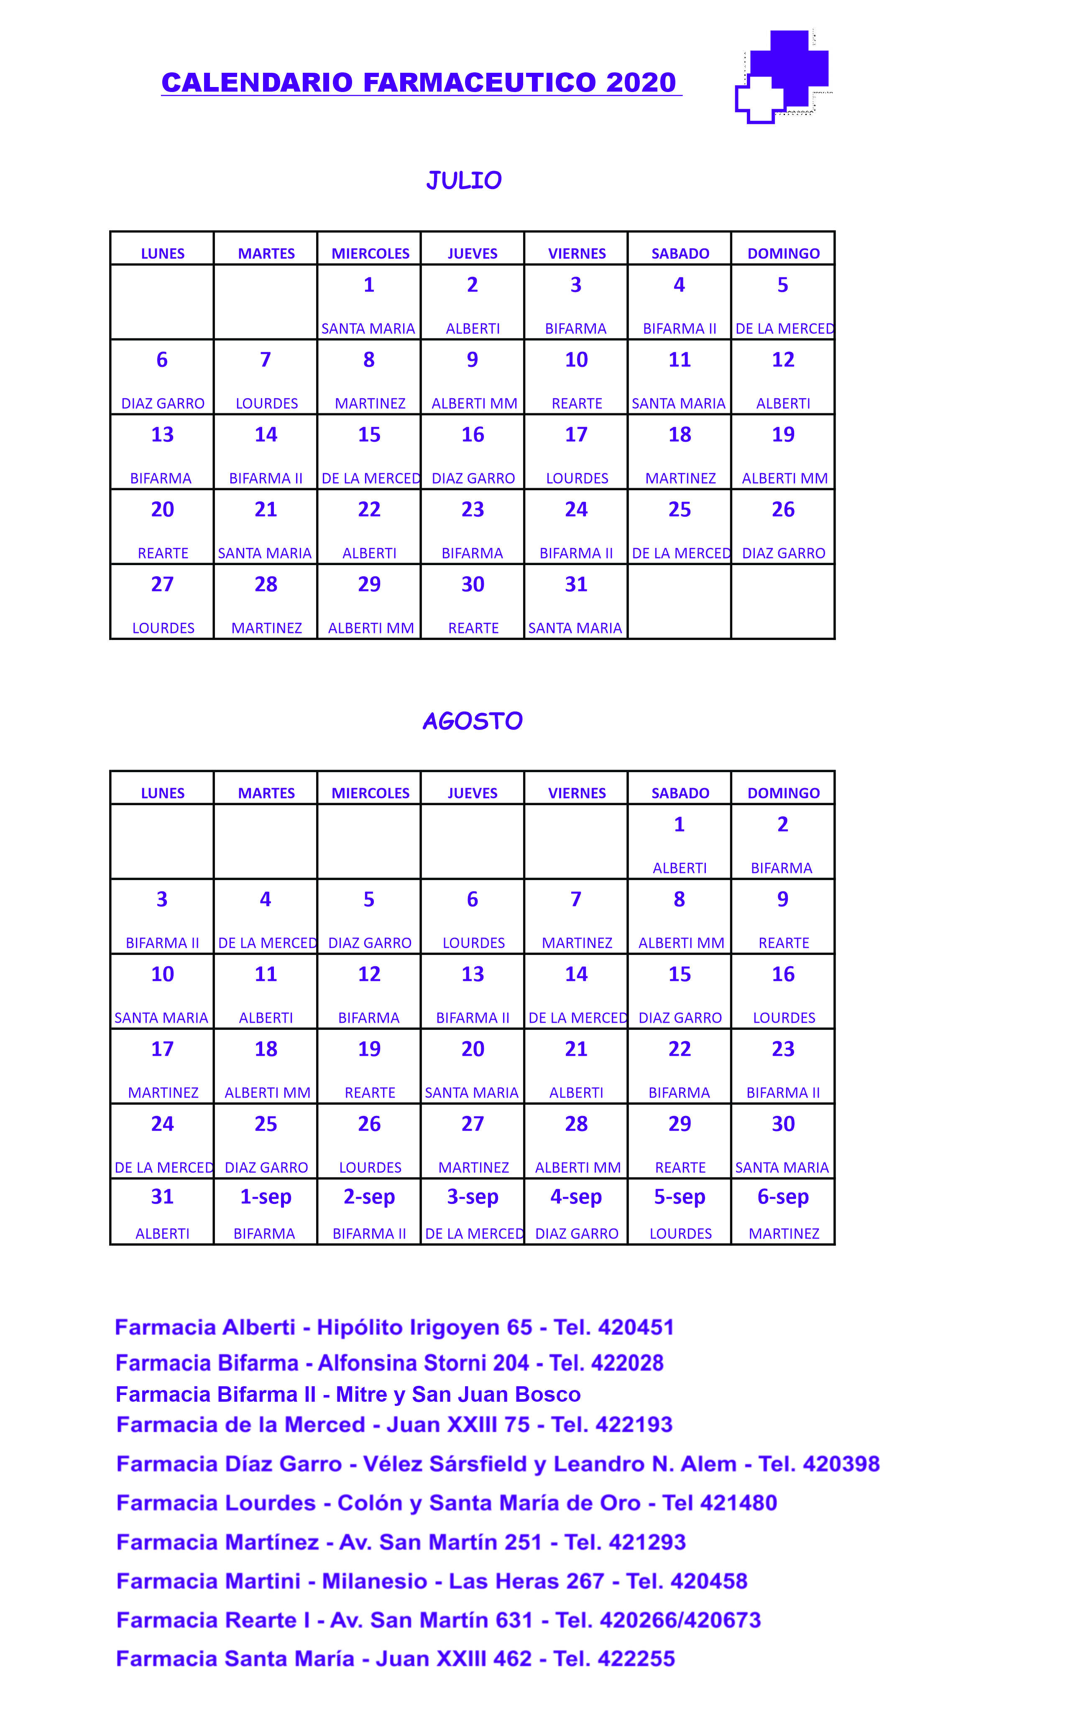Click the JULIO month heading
click(x=463, y=180)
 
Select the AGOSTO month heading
click(x=472, y=720)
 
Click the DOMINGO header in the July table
click(x=783, y=253)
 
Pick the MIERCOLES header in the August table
click(x=370, y=793)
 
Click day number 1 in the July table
click(x=369, y=285)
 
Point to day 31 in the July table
click(x=576, y=584)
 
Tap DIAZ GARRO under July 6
click(x=163, y=403)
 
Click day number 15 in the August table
click(x=679, y=974)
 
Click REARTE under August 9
click(x=783, y=943)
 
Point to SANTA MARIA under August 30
click(x=782, y=1167)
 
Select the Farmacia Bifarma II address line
click(x=348, y=1394)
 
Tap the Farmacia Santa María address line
click(x=395, y=1659)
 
